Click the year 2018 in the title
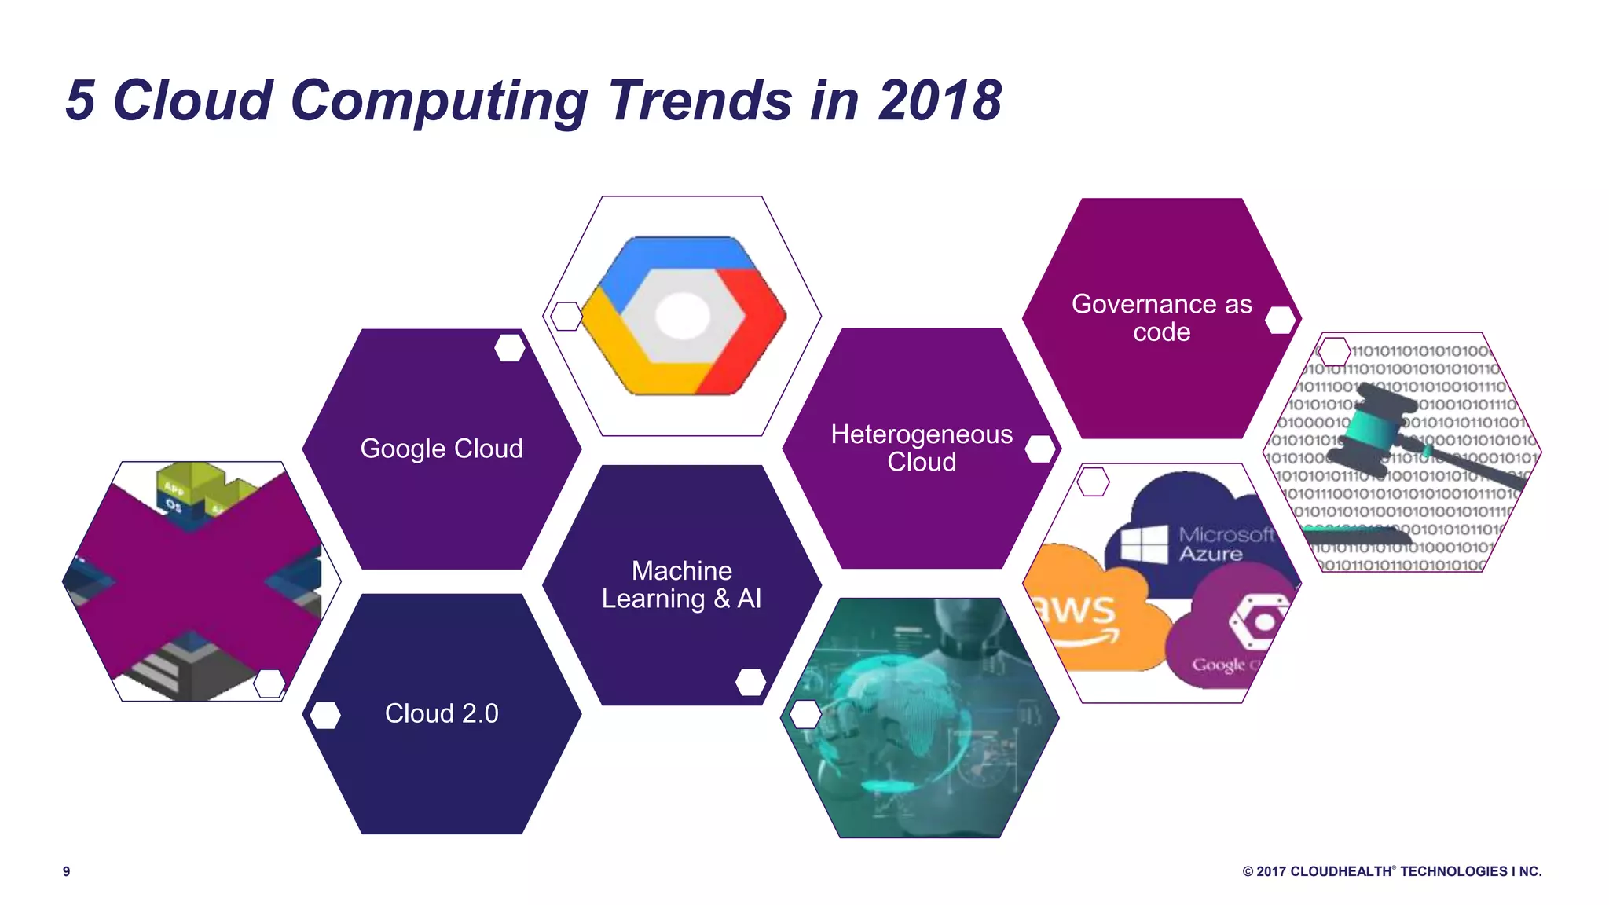pyautogui.click(x=940, y=101)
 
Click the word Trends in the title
pyautogui.click(x=699, y=101)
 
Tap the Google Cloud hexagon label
pyautogui.click(x=442, y=449)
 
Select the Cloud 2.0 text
pyautogui.click(x=442, y=713)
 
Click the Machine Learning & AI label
pyautogui.click(x=682, y=584)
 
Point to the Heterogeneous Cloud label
pyautogui.click(x=922, y=448)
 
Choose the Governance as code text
pyautogui.click(x=1161, y=317)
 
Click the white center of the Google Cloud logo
pyautogui.click(x=682, y=316)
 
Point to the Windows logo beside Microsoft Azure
pyautogui.click(x=1144, y=544)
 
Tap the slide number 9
pyautogui.click(x=67, y=871)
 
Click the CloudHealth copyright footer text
pyautogui.click(x=1391, y=871)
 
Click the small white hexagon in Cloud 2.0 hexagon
pyautogui.click(x=325, y=715)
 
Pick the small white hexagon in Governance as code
pyautogui.click(x=1281, y=320)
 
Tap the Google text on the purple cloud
pyautogui.click(x=1219, y=665)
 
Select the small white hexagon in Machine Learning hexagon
pyautogui.click(x=750, y=682)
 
